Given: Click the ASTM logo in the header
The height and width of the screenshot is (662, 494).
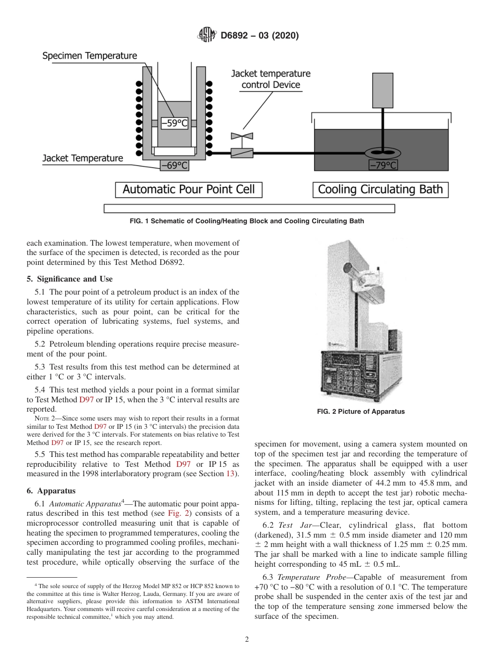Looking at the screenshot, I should [207, 35].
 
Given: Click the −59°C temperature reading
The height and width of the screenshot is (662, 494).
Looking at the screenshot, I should [174, 123].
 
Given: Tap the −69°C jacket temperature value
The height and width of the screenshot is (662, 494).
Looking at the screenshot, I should [174, 166].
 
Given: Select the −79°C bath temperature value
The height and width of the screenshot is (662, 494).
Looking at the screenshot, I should [383, 166].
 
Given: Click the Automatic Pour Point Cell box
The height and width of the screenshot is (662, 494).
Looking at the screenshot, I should [188, 189].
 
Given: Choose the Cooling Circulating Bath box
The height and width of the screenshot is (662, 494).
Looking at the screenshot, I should [380, 189].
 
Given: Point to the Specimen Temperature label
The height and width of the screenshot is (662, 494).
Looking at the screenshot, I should [89, 56].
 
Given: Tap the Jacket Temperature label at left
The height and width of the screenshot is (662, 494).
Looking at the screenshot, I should [83, 158].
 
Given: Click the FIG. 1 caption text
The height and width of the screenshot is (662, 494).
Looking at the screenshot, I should [246, 221].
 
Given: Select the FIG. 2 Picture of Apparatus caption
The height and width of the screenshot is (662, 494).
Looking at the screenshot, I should [360, 412].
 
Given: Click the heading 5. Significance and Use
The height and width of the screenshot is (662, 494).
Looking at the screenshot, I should [69, 279].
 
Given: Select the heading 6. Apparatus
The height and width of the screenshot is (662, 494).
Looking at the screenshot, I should [51, 490].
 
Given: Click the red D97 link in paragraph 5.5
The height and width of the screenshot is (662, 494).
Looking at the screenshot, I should [184, 464].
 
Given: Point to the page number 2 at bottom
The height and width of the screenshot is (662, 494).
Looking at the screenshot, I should [247, 640].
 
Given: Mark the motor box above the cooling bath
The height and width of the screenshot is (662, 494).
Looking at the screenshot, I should [383, 90].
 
